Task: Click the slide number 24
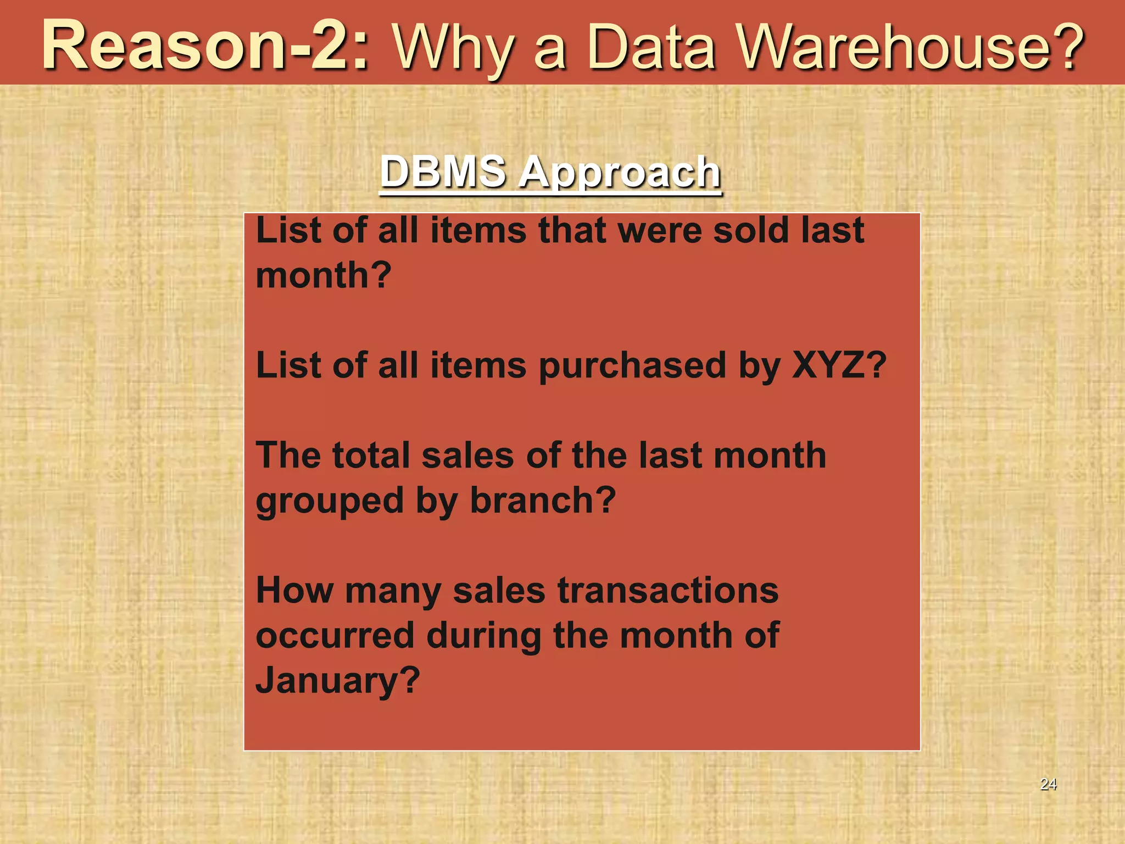(x=1048, y=784)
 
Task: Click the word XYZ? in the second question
(x=839, y=365)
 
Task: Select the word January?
(x=338, y=680)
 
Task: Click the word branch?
(x=543, y=500)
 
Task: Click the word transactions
(x=668, y=590)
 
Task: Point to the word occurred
(x=335, y=635)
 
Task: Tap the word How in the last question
(x=294, y=590)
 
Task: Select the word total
(x=371, y=455)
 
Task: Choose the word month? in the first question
(x=324, y=275)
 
